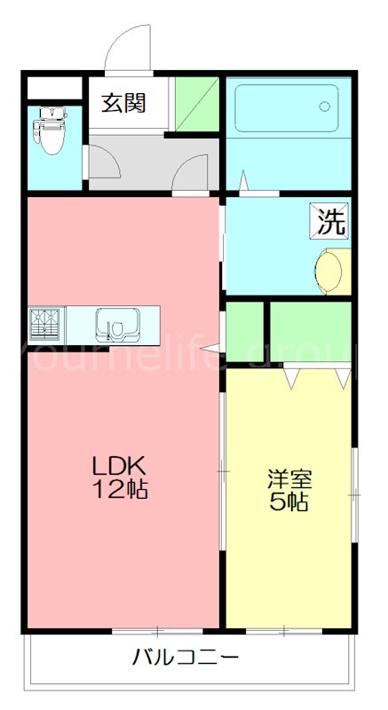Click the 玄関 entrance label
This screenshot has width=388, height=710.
click(x=123, y=103)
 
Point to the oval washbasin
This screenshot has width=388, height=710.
click(x=330, y=271)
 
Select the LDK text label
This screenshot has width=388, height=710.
click(x=121, y=465)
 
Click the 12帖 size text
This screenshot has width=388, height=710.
click(x=121, y=488)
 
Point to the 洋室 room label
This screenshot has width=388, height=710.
click(x=289, y=480)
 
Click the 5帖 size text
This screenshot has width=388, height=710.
click(x=289, y=502)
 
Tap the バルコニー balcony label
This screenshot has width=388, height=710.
click(x=186, y=658)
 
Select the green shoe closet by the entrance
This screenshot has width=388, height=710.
click(x=196, y=104)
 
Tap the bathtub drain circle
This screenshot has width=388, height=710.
click(x=324, y=106)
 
